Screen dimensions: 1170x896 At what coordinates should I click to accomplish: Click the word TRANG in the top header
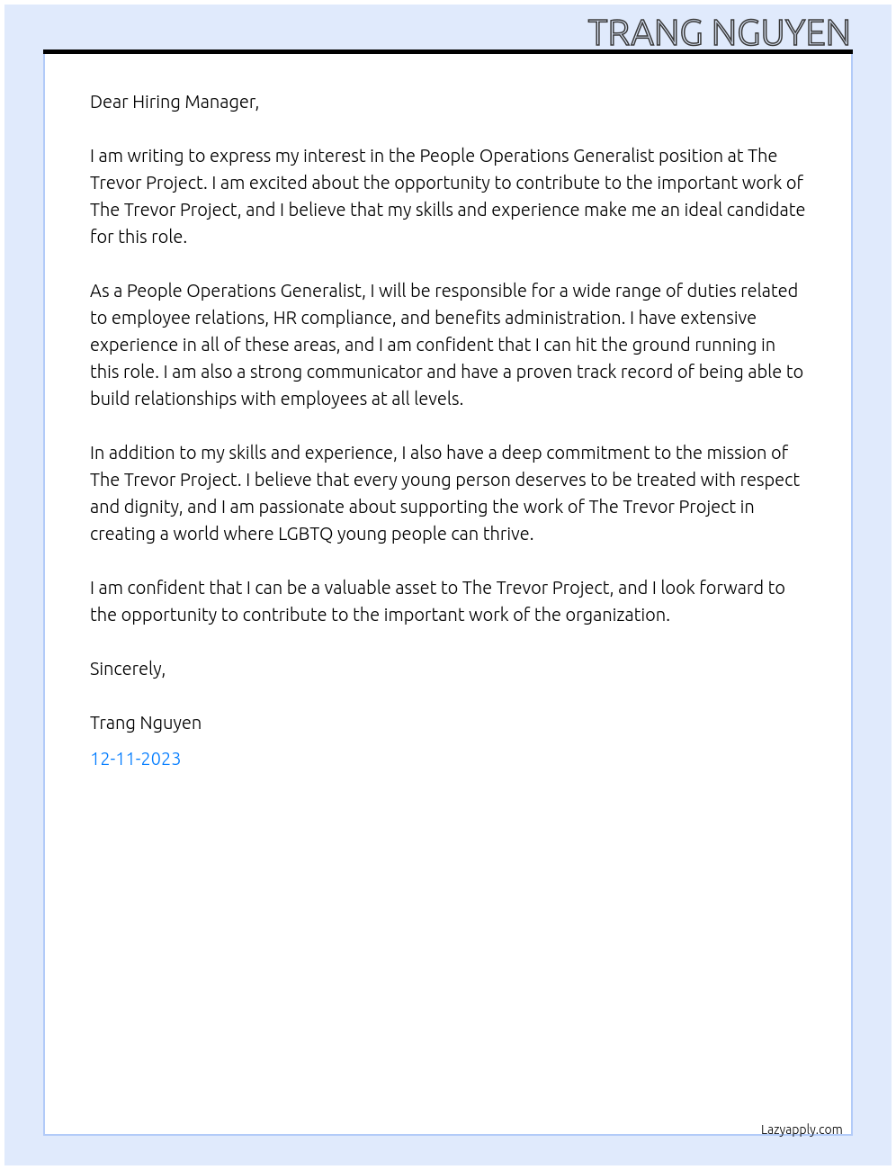(645, 33)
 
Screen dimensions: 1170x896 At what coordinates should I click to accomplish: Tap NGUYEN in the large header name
(781, 33)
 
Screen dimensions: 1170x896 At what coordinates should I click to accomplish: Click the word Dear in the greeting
(109, 102)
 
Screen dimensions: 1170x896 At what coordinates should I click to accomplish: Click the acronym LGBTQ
(305, 534)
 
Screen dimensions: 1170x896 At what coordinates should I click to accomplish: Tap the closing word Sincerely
(127, 669)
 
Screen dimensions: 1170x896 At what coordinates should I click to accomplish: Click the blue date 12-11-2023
(135, 759)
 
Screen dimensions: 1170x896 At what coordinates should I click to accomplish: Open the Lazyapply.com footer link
(802, 1129)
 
